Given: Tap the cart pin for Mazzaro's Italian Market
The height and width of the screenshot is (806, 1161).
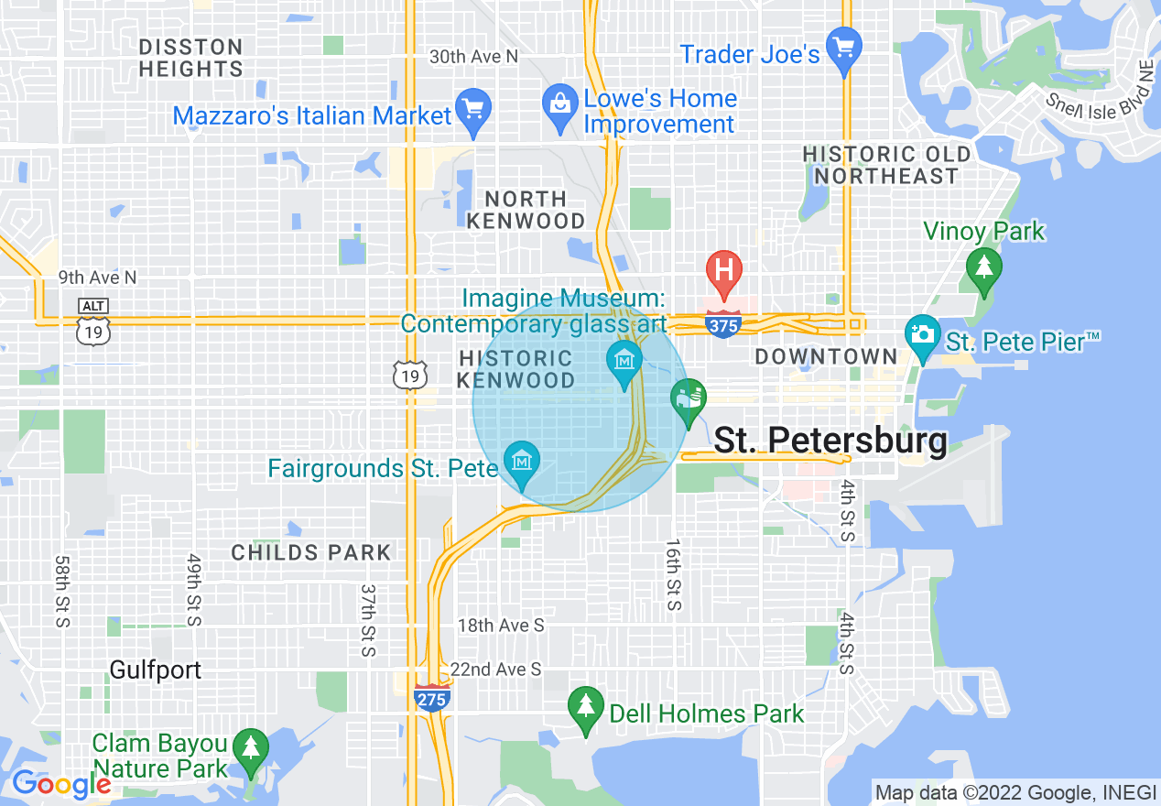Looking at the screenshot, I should tap(473, 110).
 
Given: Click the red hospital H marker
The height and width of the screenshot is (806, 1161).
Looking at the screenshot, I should tap(723, 271).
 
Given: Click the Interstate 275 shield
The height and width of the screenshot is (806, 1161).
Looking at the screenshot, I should tap(431, 699).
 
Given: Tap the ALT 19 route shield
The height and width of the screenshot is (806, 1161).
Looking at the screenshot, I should tap(93, 323).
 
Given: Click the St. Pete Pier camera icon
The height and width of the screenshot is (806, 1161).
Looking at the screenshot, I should tap(922, 333).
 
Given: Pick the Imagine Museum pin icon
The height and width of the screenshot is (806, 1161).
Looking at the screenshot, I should tap(624, 360).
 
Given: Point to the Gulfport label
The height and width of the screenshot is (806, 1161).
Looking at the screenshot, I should tap(156, 670).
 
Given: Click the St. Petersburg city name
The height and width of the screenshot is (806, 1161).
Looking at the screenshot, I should tap(830, 441).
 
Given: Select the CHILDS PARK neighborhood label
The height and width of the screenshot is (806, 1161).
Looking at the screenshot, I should tap(311, 552).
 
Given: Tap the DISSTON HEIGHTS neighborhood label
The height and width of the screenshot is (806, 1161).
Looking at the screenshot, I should tap(190, 58).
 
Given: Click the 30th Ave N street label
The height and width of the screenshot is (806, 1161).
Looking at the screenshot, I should tap(473, 57).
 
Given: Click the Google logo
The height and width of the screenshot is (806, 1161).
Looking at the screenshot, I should tap(61, 784).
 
